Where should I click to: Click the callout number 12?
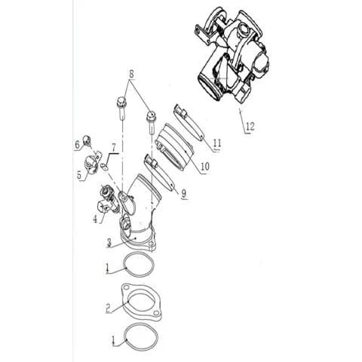click(250, 126)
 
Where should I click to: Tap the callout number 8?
click(132, 75)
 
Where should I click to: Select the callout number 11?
click(217, 143)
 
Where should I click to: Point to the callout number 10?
click(205, 166)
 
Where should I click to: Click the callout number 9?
click(184, 193)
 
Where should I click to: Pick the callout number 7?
click(114, 149)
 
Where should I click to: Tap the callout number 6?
click(78, 144)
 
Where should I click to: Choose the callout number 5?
click(79, 175)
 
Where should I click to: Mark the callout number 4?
click(95, 219)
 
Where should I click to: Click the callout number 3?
click(109, 243)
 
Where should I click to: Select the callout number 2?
click(109, 308)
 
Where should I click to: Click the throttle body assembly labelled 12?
click(232, 54)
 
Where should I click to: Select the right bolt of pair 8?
click(152, 122)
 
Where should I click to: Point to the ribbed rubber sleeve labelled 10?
click(175, 146)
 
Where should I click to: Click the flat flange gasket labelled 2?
click(142, 303)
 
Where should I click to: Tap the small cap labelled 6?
click(87, 140)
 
